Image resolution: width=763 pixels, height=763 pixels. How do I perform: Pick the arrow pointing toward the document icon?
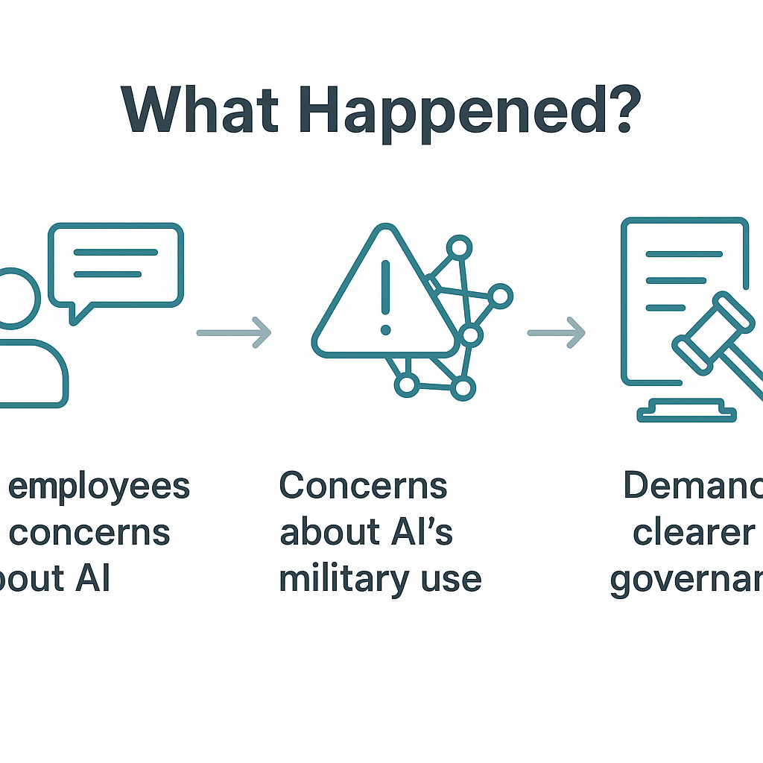pos(556,332)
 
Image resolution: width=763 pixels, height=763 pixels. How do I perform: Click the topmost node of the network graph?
pos(459,247)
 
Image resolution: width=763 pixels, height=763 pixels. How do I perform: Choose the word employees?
pos(99,488)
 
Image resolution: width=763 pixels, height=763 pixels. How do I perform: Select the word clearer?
pos(694,534)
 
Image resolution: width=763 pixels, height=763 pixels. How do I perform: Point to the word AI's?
pos(416,533)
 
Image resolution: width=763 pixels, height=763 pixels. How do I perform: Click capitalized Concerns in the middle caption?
pos(363,487)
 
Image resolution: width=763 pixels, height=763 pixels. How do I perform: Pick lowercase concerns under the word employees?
pos(90,534)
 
